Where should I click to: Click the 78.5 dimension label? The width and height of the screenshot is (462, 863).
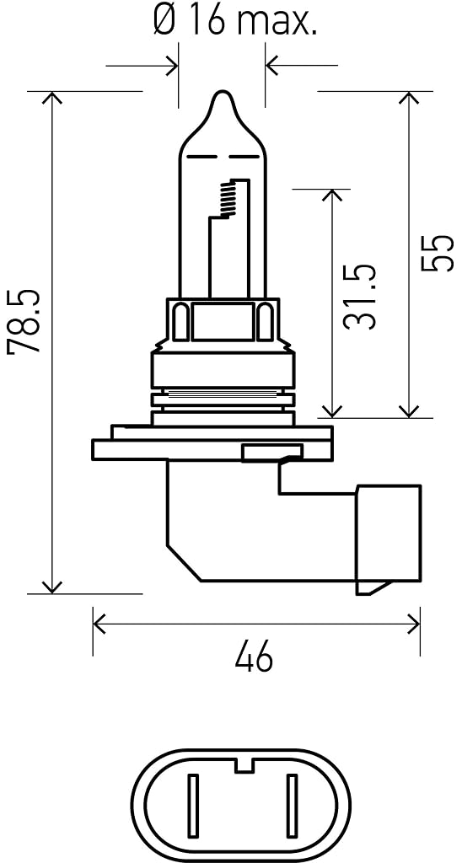[24, 321]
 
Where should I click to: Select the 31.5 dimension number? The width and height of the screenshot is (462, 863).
[359, 297]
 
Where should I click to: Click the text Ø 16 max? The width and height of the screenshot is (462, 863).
[235, 23]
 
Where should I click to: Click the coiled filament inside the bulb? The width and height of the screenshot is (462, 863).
[228, 199]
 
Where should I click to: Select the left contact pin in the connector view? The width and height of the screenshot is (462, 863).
[193, 806]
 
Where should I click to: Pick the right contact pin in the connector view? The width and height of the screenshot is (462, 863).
[292, 806]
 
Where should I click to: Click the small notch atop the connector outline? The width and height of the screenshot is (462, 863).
[243, 765]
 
